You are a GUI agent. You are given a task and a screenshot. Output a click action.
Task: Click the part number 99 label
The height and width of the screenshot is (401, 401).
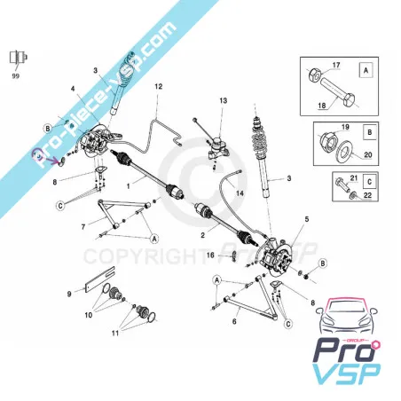pos(15,75)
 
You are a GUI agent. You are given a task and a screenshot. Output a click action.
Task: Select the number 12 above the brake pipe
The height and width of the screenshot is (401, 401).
pos(159,86)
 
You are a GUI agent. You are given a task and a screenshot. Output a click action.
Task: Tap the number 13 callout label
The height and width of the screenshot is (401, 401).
pos(224,100)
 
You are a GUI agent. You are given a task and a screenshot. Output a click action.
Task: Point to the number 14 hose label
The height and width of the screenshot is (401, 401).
pos(240,193)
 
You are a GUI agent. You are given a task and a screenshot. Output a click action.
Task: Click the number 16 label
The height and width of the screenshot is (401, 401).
pos(210,255)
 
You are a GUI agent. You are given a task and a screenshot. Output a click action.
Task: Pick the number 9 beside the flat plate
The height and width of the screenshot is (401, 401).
pos(69,294)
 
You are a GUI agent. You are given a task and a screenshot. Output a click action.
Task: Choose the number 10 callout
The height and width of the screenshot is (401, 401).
pos(89,315)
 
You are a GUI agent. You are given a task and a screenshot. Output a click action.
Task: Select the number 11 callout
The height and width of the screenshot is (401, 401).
pos(115,333)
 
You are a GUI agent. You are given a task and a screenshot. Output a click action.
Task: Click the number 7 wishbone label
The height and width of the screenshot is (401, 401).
pos(83,227)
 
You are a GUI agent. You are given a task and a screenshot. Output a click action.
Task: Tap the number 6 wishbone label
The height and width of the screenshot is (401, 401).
pos(234,321)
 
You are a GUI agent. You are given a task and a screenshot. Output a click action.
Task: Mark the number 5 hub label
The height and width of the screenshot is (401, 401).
pos(307,219)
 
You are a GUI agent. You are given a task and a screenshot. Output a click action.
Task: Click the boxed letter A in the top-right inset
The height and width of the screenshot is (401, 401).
pos(366,71)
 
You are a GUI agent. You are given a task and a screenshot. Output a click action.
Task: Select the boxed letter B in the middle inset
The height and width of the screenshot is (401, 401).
pos(369,132)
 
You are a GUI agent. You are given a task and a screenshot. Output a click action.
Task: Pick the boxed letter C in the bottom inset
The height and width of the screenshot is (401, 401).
pos(369,182)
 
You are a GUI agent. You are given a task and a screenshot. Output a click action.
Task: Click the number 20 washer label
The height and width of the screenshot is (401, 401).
pos(368,154)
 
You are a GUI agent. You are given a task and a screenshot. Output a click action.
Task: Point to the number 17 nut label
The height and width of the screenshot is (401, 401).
pos(336,65)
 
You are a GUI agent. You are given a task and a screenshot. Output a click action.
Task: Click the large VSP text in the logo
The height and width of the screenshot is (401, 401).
pos(346,373)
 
